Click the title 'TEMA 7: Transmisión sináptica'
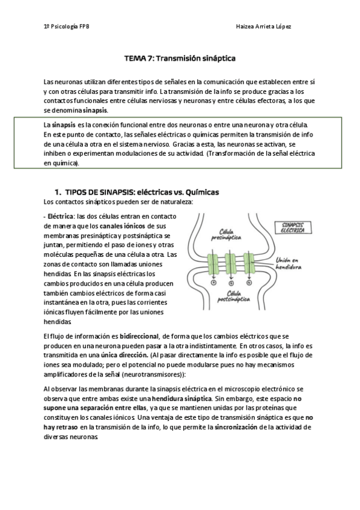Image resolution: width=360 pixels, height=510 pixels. tap(179, 59)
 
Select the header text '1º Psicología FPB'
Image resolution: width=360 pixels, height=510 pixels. tap(67, 27)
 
